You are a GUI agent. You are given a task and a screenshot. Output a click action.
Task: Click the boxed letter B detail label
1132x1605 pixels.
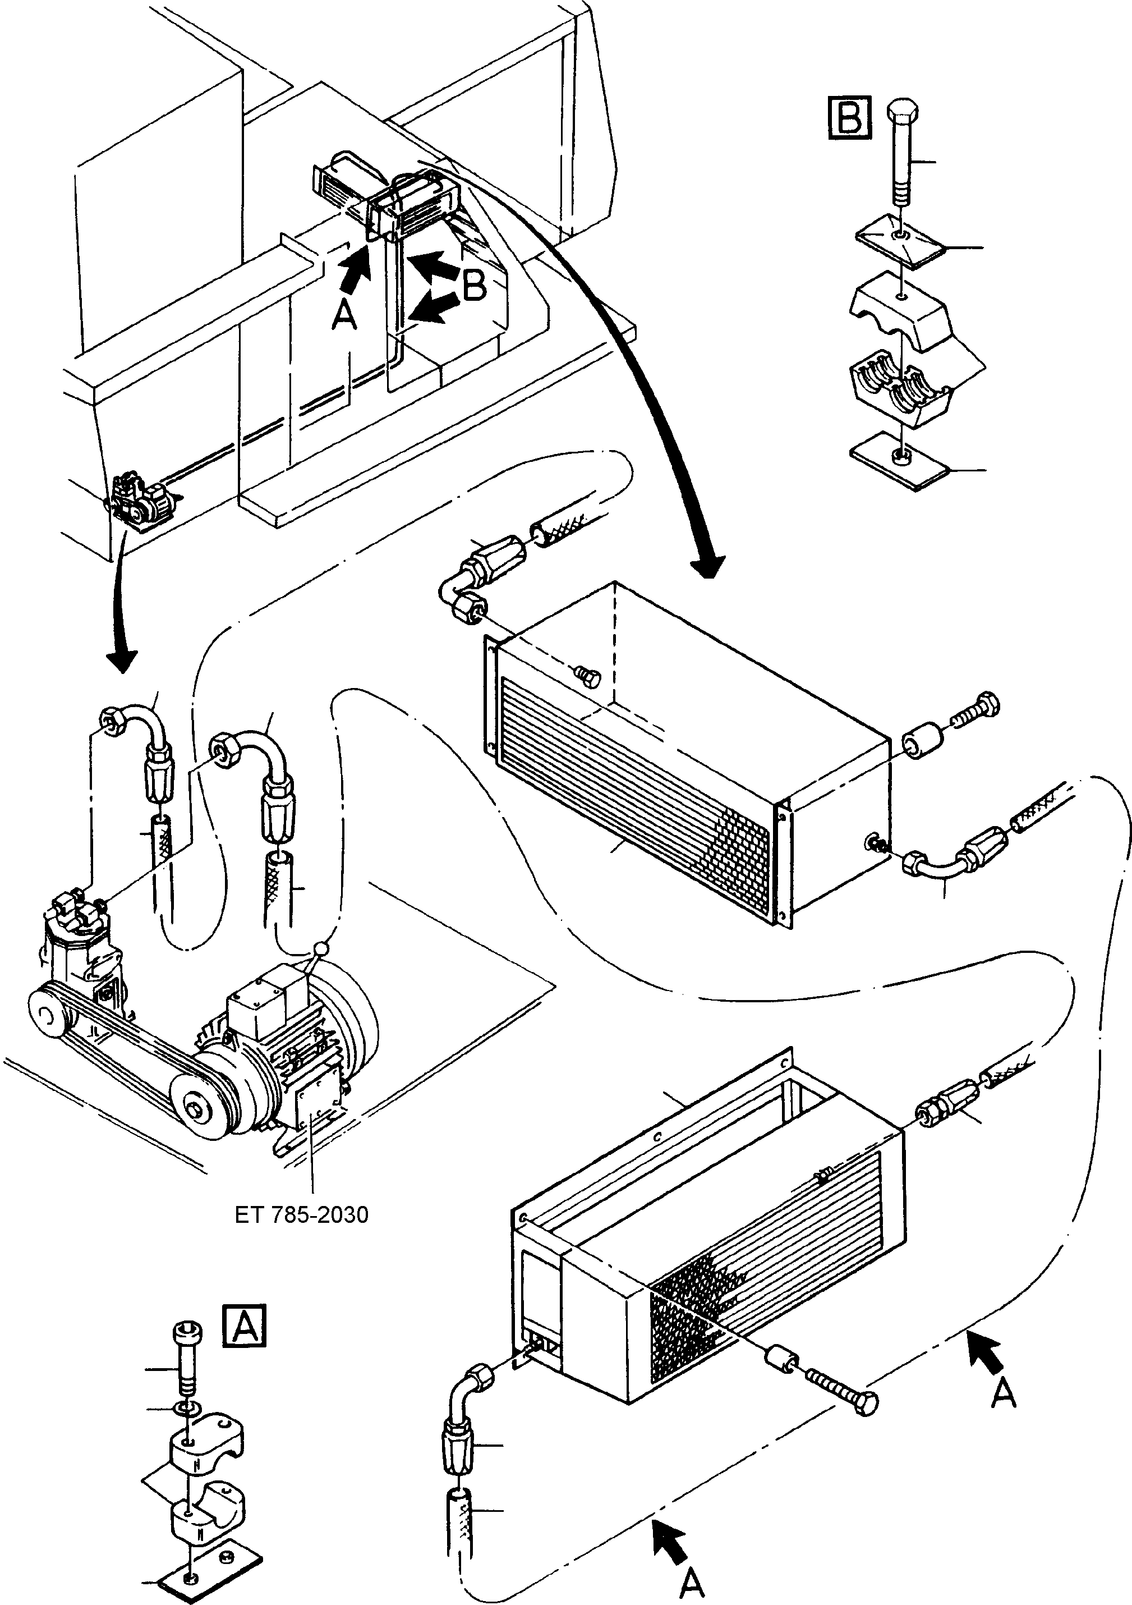tap(849, 117)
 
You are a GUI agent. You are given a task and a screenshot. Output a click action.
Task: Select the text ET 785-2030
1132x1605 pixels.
tap(301, 1215)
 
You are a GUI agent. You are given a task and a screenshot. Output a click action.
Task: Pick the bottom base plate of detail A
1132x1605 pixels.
tap(211, 1576)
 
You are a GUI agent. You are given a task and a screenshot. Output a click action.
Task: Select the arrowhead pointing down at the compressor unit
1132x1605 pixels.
tap(120, 658)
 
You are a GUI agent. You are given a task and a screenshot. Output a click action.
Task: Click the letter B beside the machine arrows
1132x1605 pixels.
tap(475, 285)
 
